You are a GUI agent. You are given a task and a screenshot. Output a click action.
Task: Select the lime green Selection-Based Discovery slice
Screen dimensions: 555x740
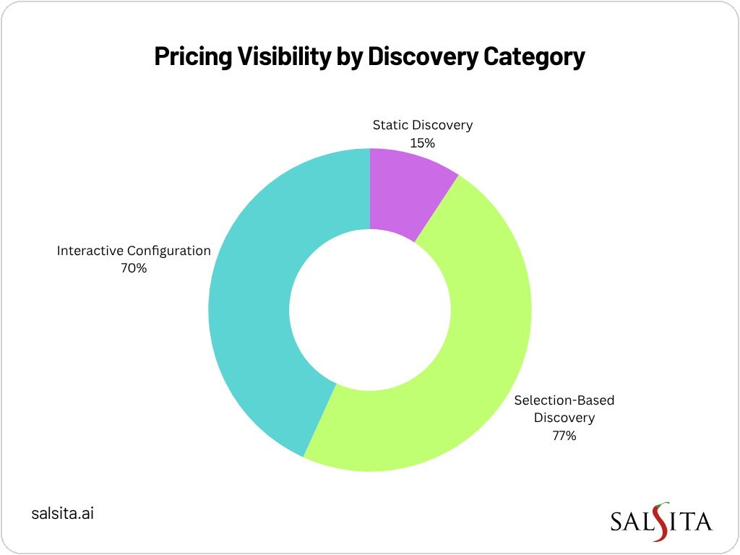point(462,361)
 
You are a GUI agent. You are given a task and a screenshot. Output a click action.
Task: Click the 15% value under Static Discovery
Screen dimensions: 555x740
point(422,142)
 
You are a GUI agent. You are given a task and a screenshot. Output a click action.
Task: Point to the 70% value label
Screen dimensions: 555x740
point(134,269)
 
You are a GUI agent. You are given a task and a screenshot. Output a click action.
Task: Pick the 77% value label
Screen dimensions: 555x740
point(564,436)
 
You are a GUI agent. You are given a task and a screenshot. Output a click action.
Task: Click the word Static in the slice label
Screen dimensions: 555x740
point(390,125)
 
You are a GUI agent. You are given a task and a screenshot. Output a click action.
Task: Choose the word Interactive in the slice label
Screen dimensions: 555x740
point(90,251)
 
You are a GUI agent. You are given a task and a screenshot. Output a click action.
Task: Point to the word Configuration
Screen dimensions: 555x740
point(169,251)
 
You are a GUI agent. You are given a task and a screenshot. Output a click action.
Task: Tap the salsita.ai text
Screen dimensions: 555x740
point(63,514)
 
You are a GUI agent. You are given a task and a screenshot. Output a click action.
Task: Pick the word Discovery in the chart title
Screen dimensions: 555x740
point(423,57)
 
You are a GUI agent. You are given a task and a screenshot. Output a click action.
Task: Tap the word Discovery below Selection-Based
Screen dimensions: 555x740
point(564,418)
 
